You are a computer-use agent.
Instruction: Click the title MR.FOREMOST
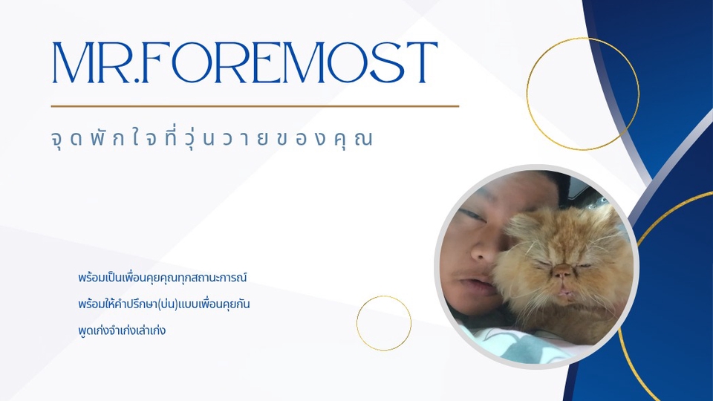(244, 63)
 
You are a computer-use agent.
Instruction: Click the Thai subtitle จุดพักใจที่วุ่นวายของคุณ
(212, 140)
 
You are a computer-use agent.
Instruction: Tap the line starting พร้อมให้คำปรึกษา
(165, 304)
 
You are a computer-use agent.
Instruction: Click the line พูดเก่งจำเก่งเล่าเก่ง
(120, 330)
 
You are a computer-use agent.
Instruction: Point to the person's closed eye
(471, 216)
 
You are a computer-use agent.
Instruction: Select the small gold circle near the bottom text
(384, 323)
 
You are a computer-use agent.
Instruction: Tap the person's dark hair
(520, 186)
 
